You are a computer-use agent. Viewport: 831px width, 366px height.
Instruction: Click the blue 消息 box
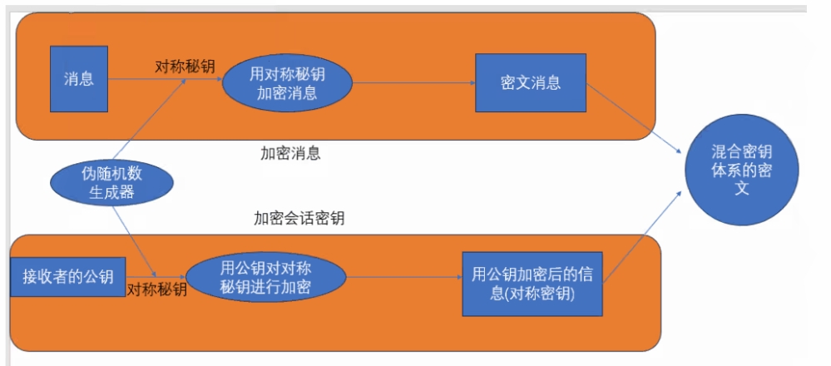[79, 79]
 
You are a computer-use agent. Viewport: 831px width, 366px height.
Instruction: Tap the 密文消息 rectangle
[531, 82]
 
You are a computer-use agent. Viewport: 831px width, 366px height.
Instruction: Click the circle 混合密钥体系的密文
[742, 170]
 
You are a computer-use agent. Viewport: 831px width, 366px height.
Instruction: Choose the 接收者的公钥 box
[63, 277]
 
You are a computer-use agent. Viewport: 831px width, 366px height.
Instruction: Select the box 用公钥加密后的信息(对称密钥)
[532, 282]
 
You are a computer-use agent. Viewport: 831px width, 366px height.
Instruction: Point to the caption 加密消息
[290, 153]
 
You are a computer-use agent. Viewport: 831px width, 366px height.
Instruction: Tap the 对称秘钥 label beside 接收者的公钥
[157, 291]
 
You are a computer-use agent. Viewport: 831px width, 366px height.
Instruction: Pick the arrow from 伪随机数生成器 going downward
[137, 241]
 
